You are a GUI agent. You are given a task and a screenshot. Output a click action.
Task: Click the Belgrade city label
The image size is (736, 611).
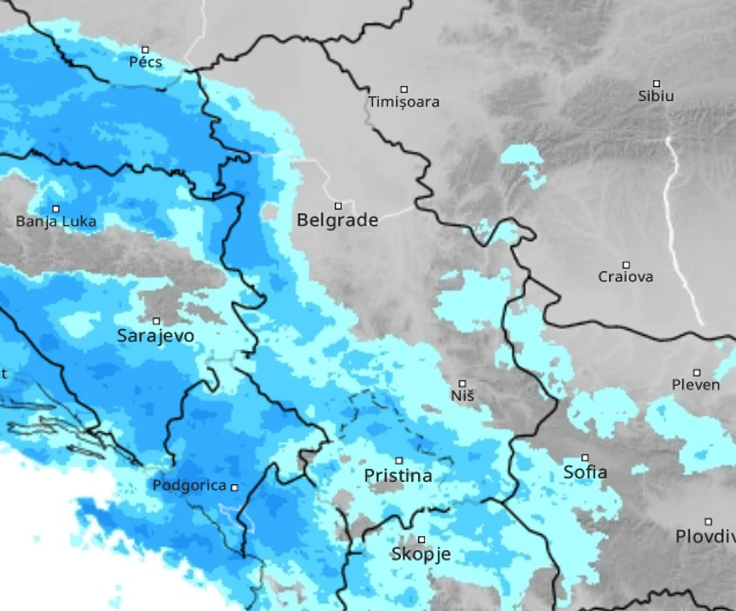[337, 221]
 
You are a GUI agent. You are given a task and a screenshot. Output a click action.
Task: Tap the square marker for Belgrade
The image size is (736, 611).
[338, 206]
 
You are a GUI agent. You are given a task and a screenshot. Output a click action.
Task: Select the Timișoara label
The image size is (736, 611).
[404, 102]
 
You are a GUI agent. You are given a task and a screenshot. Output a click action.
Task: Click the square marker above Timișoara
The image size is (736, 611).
[404, 89]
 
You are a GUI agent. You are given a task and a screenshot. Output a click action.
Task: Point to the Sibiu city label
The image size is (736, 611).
[655, 96]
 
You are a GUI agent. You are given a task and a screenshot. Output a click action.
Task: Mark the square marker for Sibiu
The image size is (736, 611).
[656, 83]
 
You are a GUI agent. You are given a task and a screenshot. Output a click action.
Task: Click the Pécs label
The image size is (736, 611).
[146, 62]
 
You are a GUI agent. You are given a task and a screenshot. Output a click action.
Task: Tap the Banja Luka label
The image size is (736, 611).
[56, 222]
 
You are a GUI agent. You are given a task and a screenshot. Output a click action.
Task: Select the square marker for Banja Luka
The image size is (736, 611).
[56, 208]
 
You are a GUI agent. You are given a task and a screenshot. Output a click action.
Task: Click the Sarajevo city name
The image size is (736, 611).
[155, 336]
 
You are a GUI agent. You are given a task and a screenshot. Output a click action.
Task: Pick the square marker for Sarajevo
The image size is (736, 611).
[156, 321]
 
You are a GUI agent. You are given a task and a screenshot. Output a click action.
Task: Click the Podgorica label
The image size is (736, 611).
[189, 486]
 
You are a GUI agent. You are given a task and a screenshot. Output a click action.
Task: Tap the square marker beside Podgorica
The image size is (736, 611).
[233, 487]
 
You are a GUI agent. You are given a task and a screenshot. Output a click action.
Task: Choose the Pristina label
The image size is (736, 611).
[398, 475]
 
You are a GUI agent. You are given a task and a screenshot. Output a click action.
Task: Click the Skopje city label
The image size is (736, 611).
[420, 555]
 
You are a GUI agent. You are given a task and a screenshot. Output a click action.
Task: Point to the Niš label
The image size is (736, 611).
[462, 396]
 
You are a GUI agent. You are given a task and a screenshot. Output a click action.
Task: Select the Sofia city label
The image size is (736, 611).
[585, 472]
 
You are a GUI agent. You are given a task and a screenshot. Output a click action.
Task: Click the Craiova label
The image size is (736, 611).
[626, 277]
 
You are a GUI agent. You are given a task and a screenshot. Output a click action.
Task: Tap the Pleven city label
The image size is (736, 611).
[695, 385]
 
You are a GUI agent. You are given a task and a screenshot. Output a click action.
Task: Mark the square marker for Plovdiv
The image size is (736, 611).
[708, 522]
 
